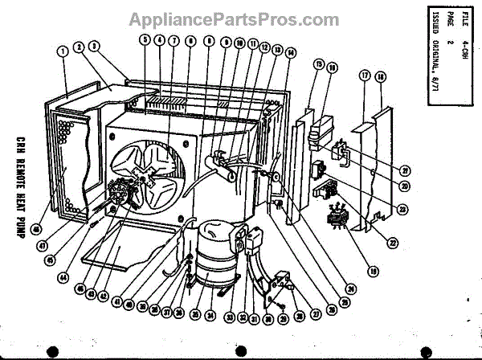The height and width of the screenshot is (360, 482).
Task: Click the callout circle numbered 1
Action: click(x=62, y=51)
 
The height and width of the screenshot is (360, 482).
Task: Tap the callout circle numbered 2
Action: click(x=79, y=47)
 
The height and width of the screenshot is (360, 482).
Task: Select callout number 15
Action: click(x=318, y=64)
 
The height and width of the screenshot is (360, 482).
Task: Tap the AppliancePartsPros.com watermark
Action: click(x=240, y=18)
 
